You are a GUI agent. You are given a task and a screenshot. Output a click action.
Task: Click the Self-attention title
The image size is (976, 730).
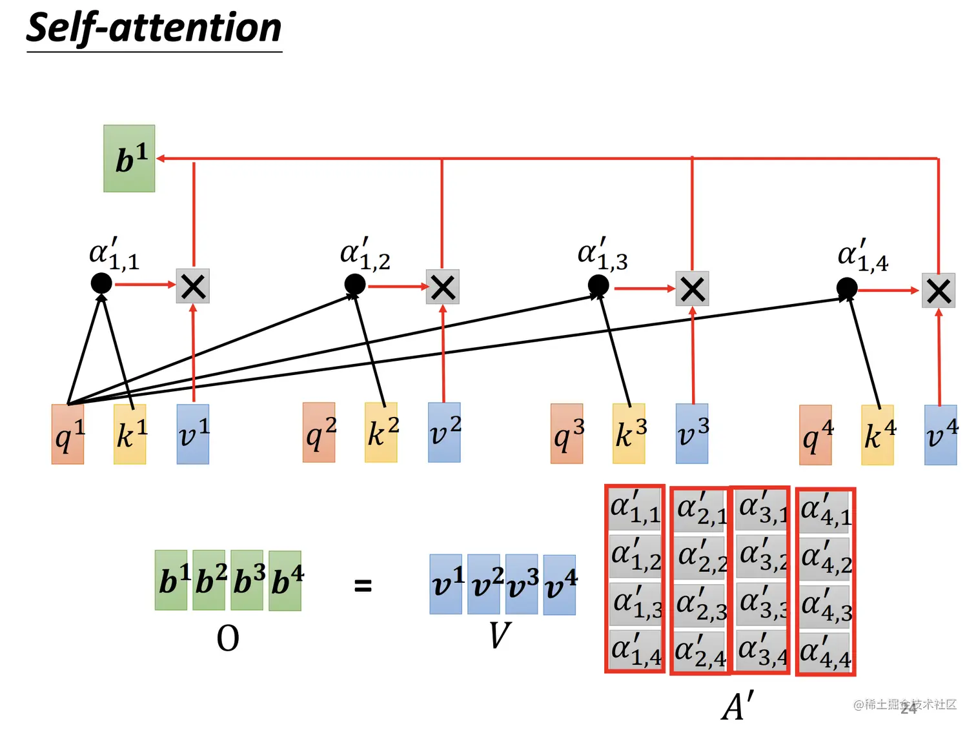[154, 29]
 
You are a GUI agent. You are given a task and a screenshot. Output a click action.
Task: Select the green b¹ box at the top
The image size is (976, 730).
[129, 158]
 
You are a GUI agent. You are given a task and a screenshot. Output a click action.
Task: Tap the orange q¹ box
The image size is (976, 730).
[68, 434]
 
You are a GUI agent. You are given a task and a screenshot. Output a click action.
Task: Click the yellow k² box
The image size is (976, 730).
[381, 432]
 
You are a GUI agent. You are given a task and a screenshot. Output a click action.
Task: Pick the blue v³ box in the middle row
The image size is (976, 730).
[692, 434]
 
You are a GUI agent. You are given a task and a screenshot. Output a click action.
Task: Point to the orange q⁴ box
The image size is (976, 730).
[815, 435]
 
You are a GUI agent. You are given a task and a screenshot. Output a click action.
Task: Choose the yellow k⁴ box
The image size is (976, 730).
[877, 435]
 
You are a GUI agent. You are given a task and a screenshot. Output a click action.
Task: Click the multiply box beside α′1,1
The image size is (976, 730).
[193, 286]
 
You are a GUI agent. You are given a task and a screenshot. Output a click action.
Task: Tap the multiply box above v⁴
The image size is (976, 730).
[939, 290]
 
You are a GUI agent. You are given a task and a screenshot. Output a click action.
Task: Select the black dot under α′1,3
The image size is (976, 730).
[598, 285]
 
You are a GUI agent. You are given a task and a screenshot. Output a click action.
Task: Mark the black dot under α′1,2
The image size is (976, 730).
[355, 283]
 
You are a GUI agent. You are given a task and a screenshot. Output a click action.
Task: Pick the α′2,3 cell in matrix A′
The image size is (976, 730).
[701, 605]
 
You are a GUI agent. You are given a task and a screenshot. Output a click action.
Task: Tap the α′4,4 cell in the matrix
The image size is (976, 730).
[826, 652]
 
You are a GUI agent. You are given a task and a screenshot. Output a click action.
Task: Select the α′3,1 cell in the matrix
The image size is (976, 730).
[762, 509]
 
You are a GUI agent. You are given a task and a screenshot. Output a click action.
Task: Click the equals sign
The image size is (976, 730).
[363, 585]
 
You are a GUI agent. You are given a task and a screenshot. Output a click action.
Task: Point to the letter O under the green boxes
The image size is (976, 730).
[228, 638]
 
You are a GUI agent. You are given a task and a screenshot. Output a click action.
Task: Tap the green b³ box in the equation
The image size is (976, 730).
[247, 580]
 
